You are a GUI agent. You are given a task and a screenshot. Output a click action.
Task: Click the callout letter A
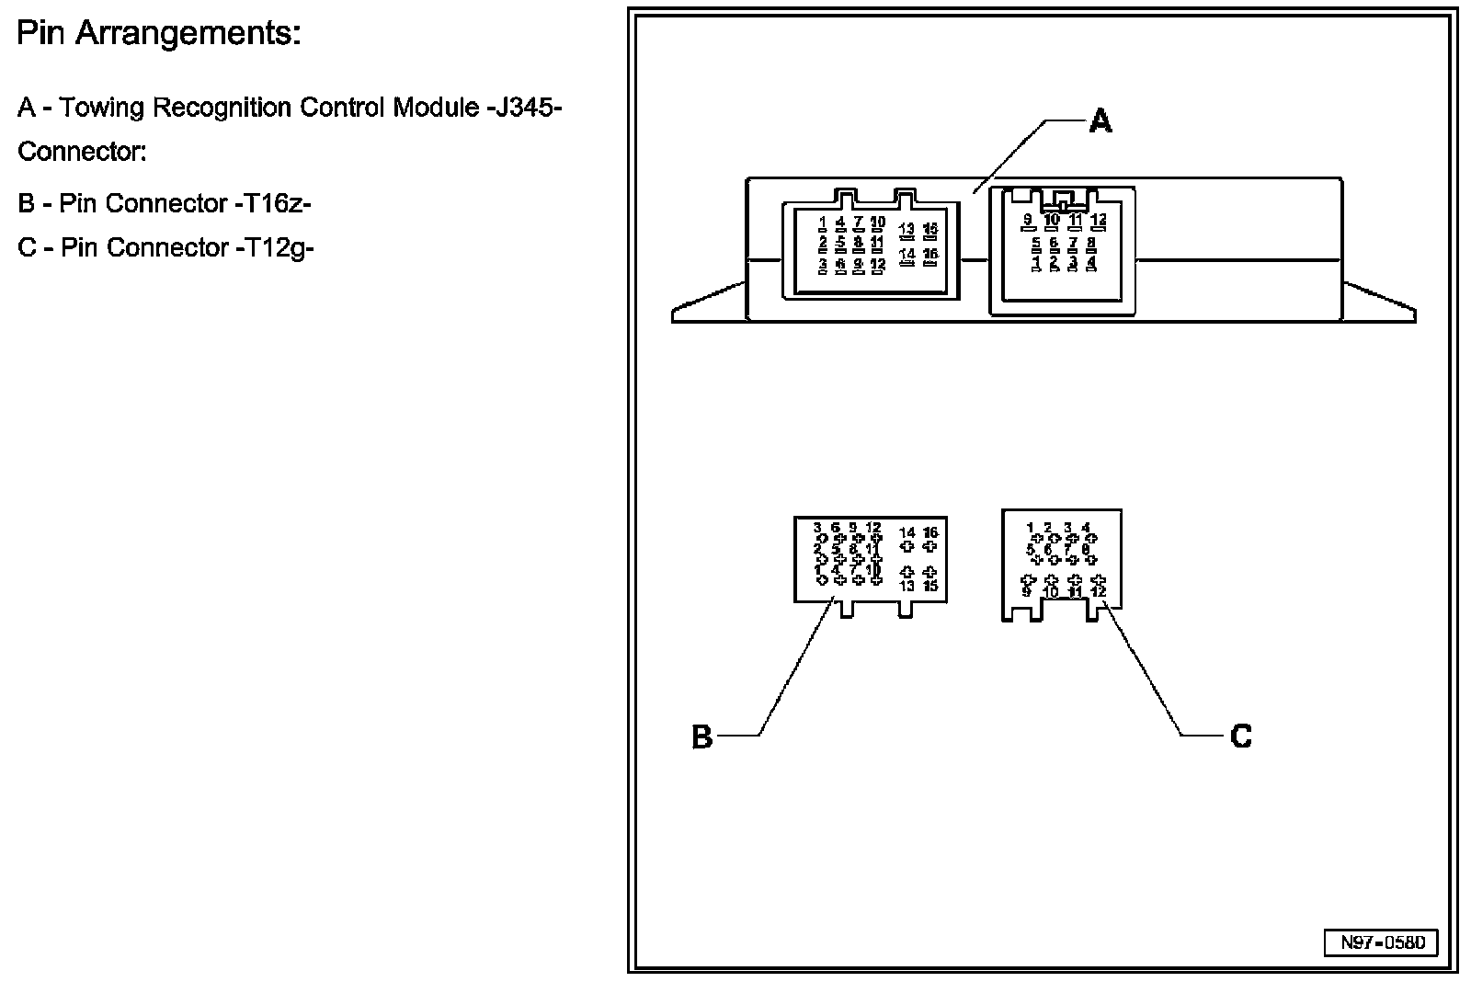click(x=1100, y=120)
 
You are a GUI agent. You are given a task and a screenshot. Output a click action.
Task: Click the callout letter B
click(x=701, y=736)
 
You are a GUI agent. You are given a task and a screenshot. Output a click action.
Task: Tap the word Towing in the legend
click(x=102, y=108)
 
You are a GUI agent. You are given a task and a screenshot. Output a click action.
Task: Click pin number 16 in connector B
click(x=930, y=532)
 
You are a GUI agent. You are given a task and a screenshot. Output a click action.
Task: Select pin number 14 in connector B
click(x=907, y=532)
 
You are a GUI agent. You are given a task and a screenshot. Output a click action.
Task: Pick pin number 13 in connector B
click(x=907, y=586)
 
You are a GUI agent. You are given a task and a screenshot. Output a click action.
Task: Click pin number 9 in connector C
click(x=1026, y=591)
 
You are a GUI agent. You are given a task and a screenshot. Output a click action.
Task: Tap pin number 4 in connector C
click(x=1087, y=527)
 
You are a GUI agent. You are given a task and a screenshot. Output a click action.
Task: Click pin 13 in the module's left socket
click(x=907, y=228)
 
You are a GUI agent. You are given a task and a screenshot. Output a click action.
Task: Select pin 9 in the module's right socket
click(x=1027, y=219)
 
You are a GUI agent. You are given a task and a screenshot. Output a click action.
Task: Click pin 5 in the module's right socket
click(x=1036, y=243)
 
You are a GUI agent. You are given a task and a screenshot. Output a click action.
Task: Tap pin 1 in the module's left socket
click(x=823, y=222)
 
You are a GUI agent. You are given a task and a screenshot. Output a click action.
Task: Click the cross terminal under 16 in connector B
click(x=930, y=546)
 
